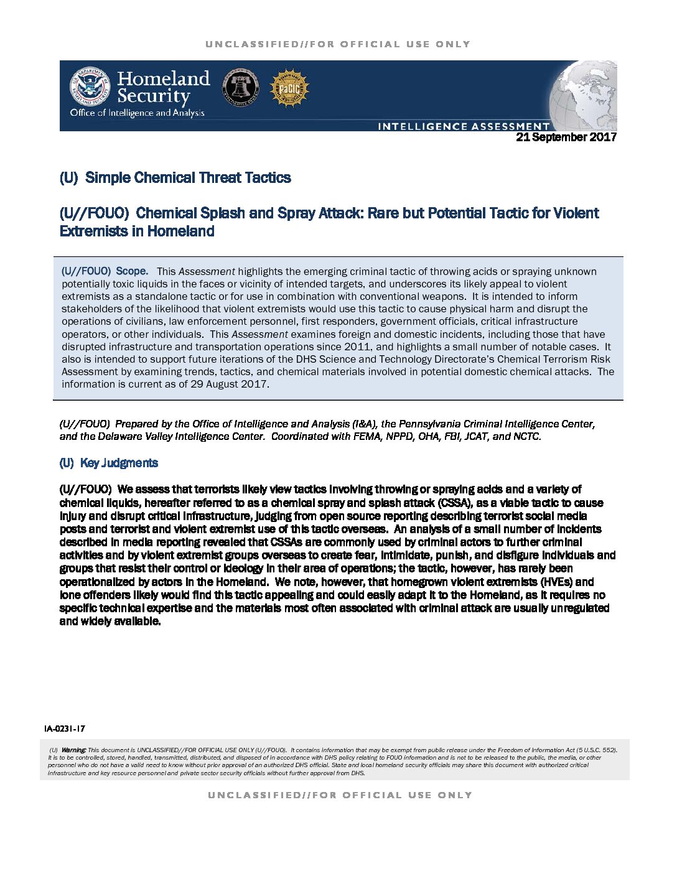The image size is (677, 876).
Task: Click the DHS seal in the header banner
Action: pyautogui.click(x=90, y=86)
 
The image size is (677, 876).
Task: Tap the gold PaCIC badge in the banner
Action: pyautogui.click(x=289, y=88)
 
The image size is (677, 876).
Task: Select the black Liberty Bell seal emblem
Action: pyautogui.click(x=241, y=88)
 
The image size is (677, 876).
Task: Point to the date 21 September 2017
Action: pyautogui.click(x=566, y=137)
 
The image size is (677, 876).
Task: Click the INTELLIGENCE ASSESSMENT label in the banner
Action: pyautogui.click(x=464, y=126)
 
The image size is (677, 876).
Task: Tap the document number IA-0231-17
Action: pyautogui.click(x=65, y=729)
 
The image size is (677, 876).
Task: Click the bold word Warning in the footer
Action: pyautogui.click(x=74, y=750)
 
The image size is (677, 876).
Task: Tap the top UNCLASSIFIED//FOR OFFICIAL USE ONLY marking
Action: pyautogui.click(x=338, y=44)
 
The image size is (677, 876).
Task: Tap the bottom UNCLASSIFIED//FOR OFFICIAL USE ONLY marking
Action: pyautogui.click(x=340, y=795)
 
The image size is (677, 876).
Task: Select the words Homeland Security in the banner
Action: pyautogui.click(x=163, y=87)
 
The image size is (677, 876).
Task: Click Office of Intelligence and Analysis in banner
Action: pyautogui.click(x=137, y=113)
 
